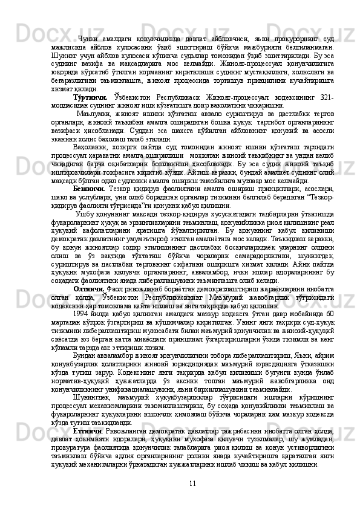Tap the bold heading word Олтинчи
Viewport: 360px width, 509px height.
88,288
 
